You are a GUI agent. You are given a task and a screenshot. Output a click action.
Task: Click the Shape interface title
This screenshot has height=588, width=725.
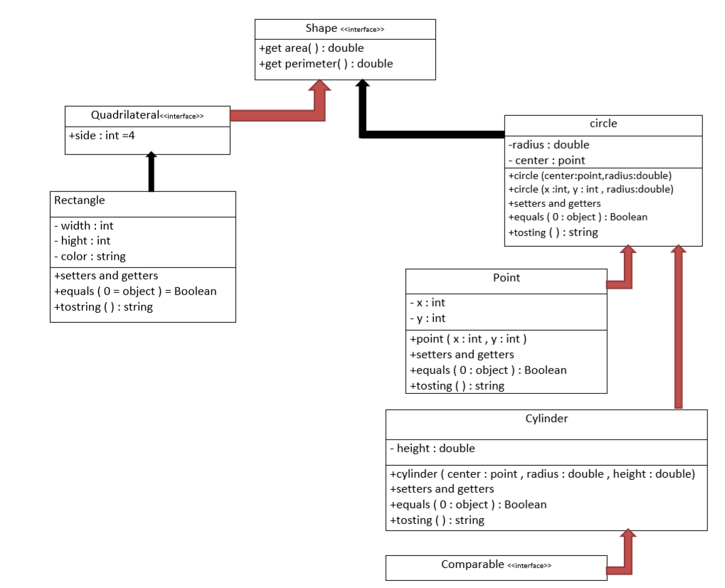[x=345, y=29]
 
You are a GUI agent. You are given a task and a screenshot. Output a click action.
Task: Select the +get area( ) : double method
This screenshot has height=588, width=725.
[x=312, y=48]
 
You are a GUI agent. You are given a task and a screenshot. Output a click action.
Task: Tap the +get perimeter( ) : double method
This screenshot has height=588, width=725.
[x=327, y=64]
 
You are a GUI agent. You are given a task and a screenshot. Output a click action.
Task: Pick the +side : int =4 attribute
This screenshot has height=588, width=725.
[x=102, y=135]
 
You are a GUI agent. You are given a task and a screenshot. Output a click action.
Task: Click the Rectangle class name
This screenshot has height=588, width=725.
[x=80, y=201]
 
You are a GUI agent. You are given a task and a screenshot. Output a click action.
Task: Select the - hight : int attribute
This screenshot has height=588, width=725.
[x=82, y=241]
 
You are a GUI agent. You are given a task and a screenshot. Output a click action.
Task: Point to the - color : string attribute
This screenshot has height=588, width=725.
[x=90, y=256]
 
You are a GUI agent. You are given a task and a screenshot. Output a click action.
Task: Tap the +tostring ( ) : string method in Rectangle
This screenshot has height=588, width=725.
[x=103, y=307]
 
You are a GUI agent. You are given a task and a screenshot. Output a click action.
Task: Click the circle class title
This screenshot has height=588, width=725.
[x=603, y=124]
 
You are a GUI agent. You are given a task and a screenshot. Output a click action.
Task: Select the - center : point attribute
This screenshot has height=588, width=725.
[x=547, y=161]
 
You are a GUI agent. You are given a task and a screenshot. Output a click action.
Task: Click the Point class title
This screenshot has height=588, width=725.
[x=506, y=278]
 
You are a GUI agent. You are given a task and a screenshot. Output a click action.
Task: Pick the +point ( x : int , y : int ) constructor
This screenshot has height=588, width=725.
[x=468, y=339]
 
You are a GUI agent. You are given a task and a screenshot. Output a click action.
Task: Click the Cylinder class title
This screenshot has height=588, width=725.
[x=546, y=419]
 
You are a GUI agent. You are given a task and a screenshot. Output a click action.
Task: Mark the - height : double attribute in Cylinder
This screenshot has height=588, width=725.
[x=432, y=449]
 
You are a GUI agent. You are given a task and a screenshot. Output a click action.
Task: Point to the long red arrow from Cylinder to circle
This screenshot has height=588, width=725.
[x=678, y=327]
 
